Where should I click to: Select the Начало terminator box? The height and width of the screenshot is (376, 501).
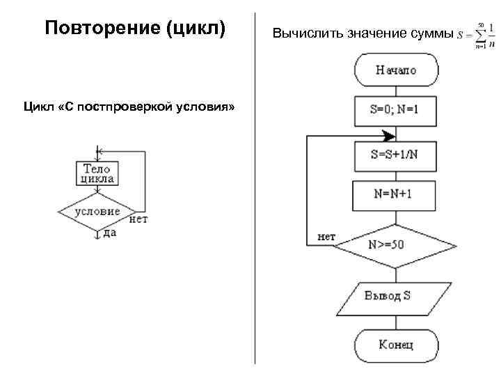coord(396,70)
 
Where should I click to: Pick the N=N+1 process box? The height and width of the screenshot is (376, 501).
coord(394,194)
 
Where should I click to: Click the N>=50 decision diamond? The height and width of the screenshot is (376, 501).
coord(394,245)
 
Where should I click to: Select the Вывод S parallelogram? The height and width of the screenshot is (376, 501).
coord(394,296)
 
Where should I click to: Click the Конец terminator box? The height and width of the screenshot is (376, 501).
coord(396,344)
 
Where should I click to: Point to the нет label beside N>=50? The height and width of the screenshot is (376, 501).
coord(326,237)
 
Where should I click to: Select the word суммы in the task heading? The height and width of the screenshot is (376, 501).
coord(432,33)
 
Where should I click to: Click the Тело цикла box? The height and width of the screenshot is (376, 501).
coord(98,173)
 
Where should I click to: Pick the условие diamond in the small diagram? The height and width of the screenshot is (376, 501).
coord(97,212)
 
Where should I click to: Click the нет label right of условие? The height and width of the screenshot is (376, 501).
coord(138,219)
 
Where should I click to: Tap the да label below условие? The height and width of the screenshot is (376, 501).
coord(109,233)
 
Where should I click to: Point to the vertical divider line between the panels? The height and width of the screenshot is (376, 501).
coord(255,188)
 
